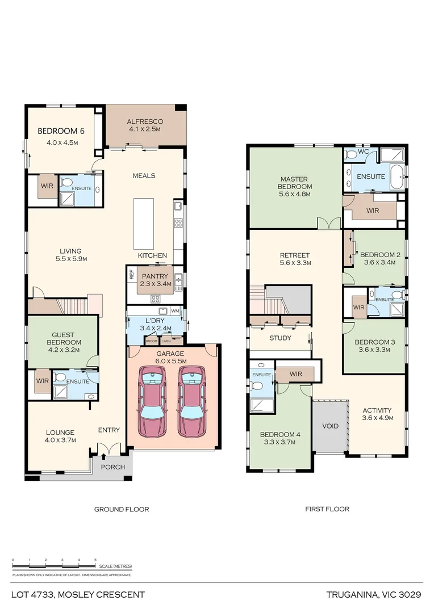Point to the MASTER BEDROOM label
[295, 182]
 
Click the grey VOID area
[330, 426]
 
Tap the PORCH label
[113, 467]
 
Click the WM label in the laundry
[175, 311]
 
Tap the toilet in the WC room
[351, 154]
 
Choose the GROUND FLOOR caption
[122, 509]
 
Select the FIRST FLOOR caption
[327, 509]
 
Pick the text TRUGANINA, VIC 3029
[373, 595]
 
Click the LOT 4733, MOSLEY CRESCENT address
[78, 595]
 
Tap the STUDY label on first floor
[280, 338]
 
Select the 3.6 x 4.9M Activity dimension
[377, 418]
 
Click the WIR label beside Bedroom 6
[47, 184]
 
